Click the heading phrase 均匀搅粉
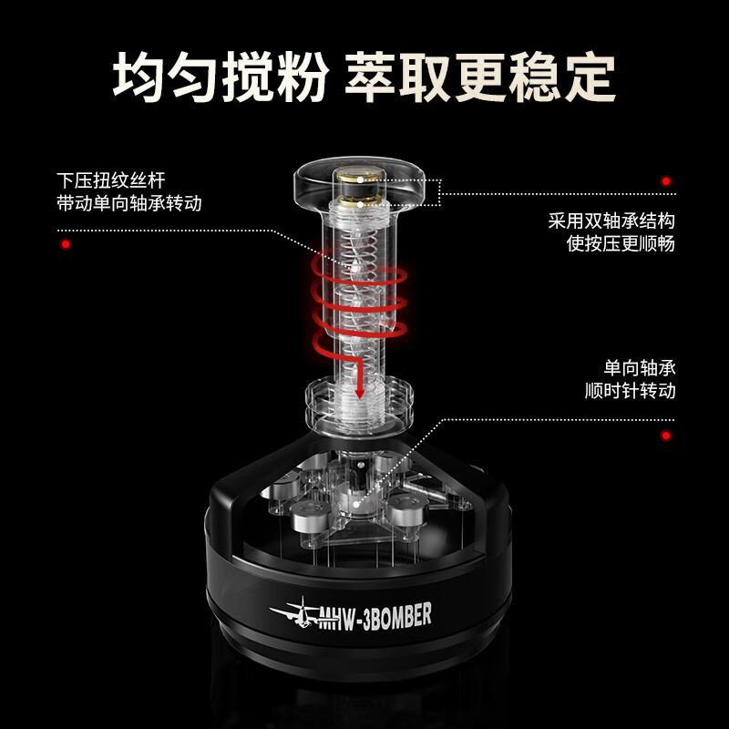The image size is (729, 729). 219,77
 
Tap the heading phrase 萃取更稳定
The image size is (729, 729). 480,77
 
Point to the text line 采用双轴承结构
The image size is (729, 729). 611,221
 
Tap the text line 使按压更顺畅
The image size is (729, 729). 621,244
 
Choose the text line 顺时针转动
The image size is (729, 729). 630,392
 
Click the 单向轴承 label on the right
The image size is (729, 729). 639,368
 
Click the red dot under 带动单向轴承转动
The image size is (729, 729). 65,244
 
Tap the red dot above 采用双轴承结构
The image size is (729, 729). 666,182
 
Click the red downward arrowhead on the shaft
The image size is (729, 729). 361,392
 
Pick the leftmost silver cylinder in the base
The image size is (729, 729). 305,520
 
